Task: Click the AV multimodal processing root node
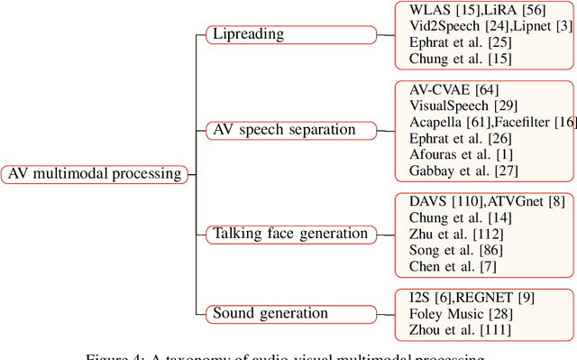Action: tap(95, 174)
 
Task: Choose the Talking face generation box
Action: tap(290, 235)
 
